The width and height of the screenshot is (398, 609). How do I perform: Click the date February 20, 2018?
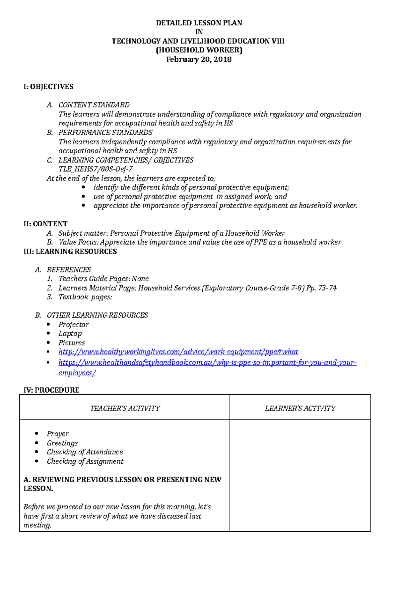click(x=199, y=59)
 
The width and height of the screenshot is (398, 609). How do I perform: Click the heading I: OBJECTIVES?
click(x=48, y=87)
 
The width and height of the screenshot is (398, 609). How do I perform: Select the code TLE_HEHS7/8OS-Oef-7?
click(x=96, y=169)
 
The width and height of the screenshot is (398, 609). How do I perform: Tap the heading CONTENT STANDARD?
click(x=94, y=105)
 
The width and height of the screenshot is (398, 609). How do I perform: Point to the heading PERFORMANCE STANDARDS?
click(x=105, y=132)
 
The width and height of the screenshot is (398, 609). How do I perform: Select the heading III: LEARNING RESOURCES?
click(x=70, y=252)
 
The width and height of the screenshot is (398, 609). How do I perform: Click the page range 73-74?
click(x=327, y=288)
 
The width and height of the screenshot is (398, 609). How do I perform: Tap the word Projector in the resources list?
click(x=74, y=325)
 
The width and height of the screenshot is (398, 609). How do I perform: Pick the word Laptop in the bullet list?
click(x=70, y=334)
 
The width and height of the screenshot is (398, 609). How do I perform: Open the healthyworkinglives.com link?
click(x=178, y=352)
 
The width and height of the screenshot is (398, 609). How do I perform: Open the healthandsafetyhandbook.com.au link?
click(x=207, y=363)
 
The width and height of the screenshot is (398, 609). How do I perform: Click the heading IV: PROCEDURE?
click(x=51, y=390)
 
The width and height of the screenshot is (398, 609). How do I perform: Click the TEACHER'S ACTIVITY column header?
click(x=125, y=409)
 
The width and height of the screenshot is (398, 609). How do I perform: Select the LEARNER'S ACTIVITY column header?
click(x=300, y=409)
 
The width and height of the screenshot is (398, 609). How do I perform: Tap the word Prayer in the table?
click(x=58, y=434)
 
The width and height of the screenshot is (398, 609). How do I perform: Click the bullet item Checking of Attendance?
click(x=85, y=452)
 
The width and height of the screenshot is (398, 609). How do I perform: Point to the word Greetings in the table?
click(x=62, y=443)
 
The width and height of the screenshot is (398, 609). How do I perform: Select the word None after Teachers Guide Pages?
click(x=140, y=279)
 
